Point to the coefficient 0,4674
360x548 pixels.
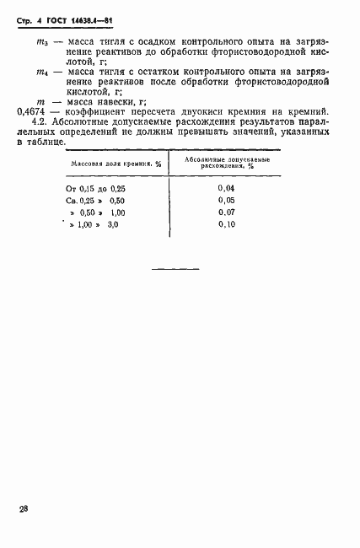coord(32,111)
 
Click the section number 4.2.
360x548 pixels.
coord(41,123)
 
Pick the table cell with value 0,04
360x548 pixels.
coord(225,188)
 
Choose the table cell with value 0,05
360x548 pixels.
coord(225,201)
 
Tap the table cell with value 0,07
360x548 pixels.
coord(225,213)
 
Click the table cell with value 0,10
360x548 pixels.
coord(225,226)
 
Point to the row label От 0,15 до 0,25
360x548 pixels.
coord(95,189)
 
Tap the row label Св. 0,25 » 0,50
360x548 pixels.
coord(95,201)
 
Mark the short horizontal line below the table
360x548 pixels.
coord(175,269)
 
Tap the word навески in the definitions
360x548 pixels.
coord(121,101)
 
